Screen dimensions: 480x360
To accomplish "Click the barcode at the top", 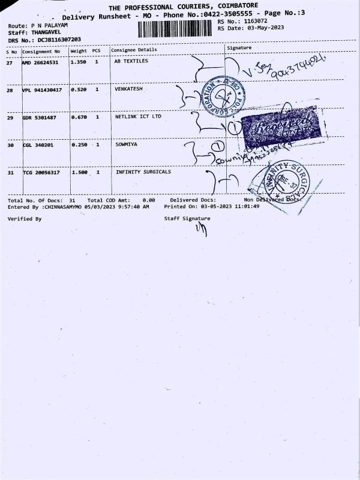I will pos(176,29).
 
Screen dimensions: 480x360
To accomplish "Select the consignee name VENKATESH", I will pos(129,89).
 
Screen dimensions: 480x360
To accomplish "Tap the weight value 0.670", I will pos(79,118).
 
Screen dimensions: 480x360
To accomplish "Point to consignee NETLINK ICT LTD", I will pos(138,117).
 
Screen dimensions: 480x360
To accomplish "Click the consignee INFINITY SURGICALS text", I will pos(143,172).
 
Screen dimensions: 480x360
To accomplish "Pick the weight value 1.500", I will pos(79,173).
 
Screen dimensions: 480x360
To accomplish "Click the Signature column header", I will pos(239,48).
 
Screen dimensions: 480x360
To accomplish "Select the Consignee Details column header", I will pos(134,50).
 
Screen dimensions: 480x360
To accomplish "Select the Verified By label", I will pos(25,220).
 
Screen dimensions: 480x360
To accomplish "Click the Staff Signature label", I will pos(187,219).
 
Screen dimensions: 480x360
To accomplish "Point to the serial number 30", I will pos(10,146).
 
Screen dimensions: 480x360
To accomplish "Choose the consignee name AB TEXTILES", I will pos(131,61).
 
